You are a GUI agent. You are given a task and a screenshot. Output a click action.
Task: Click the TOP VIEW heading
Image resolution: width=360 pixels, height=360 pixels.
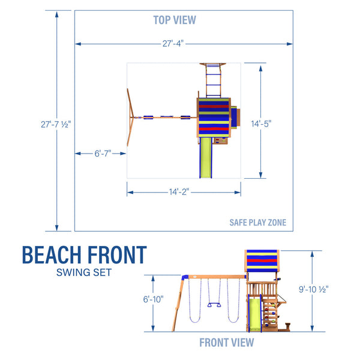coord(174,20)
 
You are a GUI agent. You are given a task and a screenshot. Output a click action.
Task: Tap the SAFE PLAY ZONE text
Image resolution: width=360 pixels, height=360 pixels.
coord(257,223)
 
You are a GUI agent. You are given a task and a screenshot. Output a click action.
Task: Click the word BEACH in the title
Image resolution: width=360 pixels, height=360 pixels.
coord(52,255)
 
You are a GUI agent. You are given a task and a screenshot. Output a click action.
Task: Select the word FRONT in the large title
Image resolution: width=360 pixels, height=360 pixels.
coord(116,255)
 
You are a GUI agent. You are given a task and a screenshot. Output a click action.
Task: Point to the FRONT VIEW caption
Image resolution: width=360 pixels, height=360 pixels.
coord(227,343)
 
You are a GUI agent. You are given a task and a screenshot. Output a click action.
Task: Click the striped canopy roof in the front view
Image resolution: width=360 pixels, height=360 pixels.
coord(262,262)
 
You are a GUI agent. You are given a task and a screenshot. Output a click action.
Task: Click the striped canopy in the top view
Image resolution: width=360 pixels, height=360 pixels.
coord(214,117)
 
